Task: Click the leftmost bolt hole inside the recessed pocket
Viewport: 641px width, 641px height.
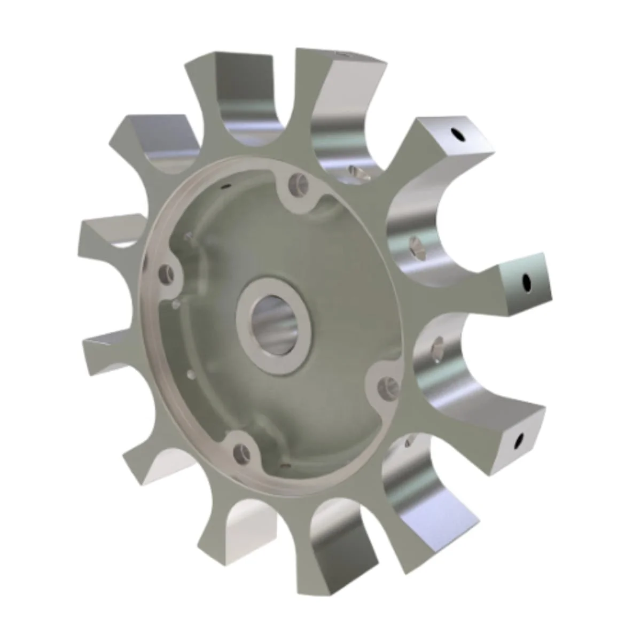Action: pos(168,274)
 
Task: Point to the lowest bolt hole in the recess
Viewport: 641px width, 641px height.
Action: pos(241,453)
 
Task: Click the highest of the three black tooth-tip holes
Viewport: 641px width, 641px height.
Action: pos(457,135)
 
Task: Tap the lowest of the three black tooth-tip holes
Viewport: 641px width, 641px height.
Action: pos(518,441)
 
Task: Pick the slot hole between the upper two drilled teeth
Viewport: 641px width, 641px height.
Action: pos(415,246)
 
